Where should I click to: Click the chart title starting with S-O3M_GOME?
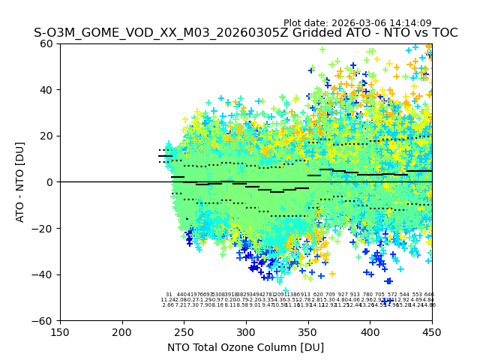click(245, 33)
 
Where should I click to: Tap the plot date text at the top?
click(357, 23)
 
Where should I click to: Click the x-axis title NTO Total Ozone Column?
click(245, 347)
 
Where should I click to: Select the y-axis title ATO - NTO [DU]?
click(20, 182)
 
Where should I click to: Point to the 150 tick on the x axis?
click(60, 332)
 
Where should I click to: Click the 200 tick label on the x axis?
click(122, 332)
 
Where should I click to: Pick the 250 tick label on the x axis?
click(184, 332)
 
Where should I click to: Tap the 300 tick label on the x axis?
click(246, 332)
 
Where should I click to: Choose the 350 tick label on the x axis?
click(307, 332)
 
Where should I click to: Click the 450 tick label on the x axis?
click(431, 332)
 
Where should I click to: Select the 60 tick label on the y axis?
click(46, 43)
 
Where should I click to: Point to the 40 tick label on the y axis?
click(46, 90)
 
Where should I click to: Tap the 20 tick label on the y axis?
click(46, 136)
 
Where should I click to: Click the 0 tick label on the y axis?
click(49, 182)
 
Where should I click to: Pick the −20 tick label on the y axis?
click(43, 229)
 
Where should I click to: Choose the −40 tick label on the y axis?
click(43, 274)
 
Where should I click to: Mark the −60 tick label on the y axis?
click(43, 321)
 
